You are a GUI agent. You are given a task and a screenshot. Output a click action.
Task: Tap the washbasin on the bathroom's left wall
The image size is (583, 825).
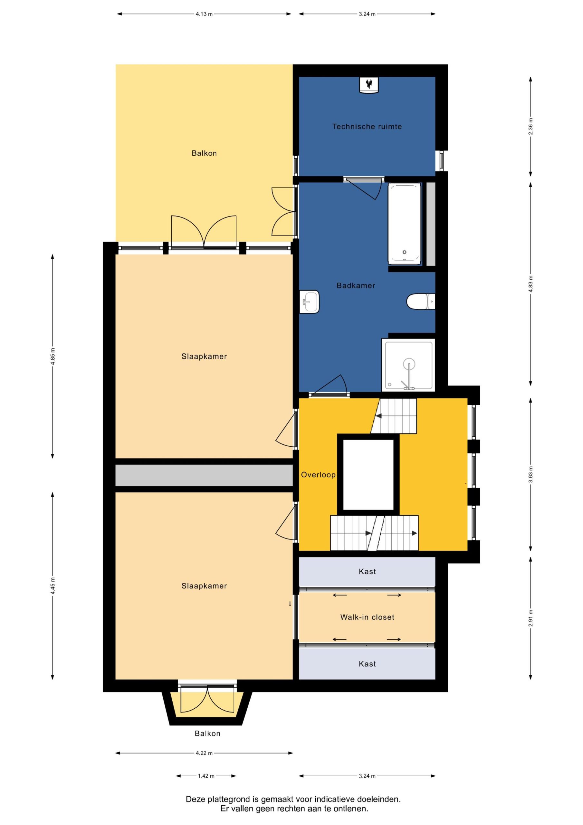pyautogui.click(x=309, y=301)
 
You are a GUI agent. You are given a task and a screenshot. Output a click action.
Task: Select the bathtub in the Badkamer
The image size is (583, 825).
pyautogui.click(x=404, y=224)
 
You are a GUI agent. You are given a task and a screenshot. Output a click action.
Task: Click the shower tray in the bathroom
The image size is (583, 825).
pyautogui.click(x=408, y=365)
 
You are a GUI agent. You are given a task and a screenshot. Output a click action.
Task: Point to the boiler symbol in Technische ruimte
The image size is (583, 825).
pyautogui.click(x=369, y=85)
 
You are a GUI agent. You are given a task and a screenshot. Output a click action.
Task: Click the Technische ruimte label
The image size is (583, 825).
pyautogui.click(x=367, y=126)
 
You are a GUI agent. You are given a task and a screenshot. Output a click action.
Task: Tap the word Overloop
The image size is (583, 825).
pyautogui.click(x=318, y=475)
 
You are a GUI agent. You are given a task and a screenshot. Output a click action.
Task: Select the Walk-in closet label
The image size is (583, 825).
pyautogui.click(x=367, y=617)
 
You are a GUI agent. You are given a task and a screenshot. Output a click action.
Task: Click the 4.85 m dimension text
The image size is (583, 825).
pyautogui.click(x=53, y=356)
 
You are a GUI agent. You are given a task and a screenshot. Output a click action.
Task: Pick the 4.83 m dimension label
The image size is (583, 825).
pyautogui.click(x=530, y=284)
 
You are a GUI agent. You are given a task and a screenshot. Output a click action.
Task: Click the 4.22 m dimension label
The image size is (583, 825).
pyautogui.click(x=204, y=753)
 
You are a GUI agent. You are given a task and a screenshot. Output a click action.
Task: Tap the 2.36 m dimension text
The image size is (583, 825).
pyautogui.click(x=530, y=126)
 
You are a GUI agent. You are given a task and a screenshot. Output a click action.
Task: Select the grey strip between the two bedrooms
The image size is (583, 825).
pyautogui.click(x=204, y=475)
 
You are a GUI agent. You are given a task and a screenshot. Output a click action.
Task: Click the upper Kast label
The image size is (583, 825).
pyautogui.click(x=367, y=571)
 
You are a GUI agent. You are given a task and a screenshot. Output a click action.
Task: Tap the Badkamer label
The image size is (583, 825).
pyautogui.click(x=356, y=286)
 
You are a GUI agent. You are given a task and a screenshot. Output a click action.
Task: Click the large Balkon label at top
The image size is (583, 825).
pyautogui.click(x=204, y=153)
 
